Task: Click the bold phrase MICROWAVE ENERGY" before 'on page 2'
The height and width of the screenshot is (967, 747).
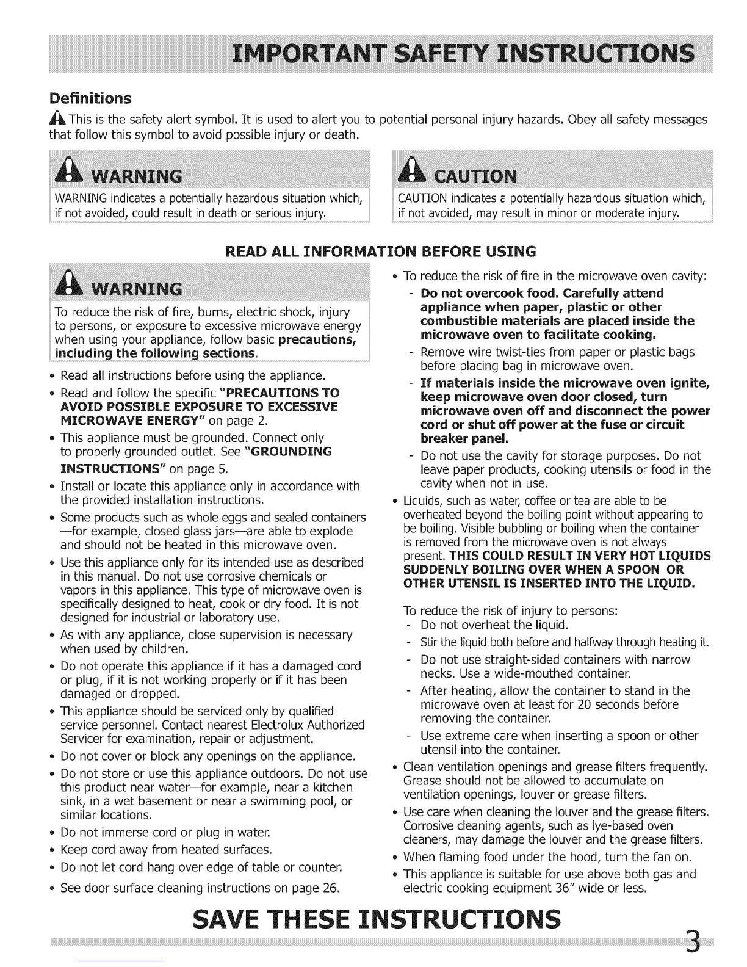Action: click(x=113, y=421)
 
